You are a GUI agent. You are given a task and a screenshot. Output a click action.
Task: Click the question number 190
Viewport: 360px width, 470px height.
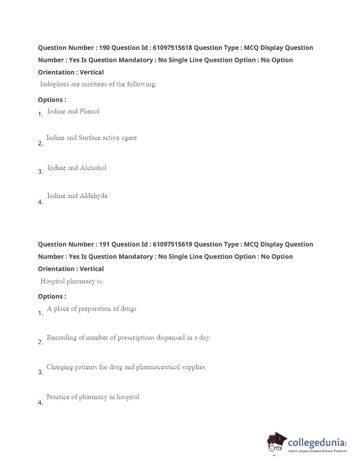click(x=104, y=48)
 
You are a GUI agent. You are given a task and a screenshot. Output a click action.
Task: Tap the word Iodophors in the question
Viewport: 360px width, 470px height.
click(x=54, y=84)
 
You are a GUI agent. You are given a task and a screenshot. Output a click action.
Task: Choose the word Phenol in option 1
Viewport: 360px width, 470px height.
click(x=89, y=111)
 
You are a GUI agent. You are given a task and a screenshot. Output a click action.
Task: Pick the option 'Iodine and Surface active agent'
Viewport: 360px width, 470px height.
click(x=91, y=138)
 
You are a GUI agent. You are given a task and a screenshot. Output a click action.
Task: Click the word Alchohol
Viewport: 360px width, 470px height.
click(x=93, y=168)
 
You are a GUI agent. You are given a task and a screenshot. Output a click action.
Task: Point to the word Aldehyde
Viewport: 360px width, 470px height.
click(x=94, y=196)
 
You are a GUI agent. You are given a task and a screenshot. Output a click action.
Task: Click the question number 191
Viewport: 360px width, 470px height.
click(x=104, y=244)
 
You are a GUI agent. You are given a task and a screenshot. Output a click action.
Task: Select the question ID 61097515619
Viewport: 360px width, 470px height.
click(x=172, y=244)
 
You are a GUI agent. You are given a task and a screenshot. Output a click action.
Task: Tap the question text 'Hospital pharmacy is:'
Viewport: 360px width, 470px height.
click(x=72, y=281)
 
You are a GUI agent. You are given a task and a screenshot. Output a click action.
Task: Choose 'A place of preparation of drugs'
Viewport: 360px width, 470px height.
click(x=91, y=309)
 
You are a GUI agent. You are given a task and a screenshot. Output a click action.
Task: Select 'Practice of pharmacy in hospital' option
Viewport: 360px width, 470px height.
click(x=92, y=397)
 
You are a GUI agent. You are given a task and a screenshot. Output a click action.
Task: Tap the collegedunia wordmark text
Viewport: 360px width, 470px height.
click(x=316, y=442)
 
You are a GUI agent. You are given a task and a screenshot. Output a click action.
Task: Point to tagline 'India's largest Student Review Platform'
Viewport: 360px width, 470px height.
click(x=317, y=451)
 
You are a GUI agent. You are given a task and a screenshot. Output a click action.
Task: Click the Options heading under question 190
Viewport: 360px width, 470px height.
click(x=52, y=100)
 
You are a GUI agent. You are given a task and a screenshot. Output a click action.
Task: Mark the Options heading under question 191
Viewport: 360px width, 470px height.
click(x=52, y=296)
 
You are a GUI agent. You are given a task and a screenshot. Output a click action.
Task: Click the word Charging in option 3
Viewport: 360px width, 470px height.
click(x=59, y=367)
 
